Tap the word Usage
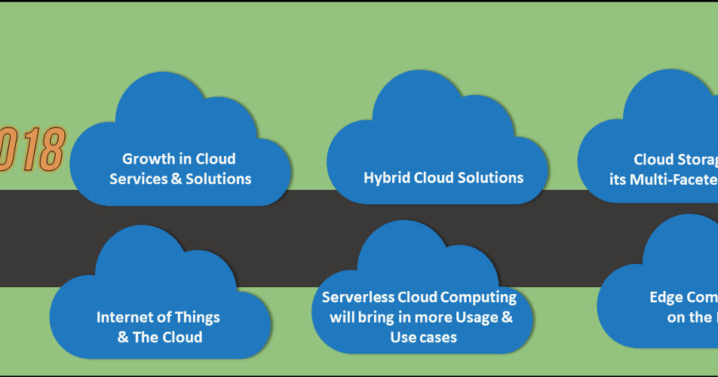[x=472, y=317]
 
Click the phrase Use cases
[x=423, y=337]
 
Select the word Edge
[x=666, y=297]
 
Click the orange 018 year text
[x=32, y=149]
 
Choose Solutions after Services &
[x=218, y=179]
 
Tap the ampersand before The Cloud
[x=123, y=337]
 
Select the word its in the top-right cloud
[x=618, y=179]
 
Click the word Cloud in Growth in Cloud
[x=215, y=159]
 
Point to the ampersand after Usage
[x=506, y=317]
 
